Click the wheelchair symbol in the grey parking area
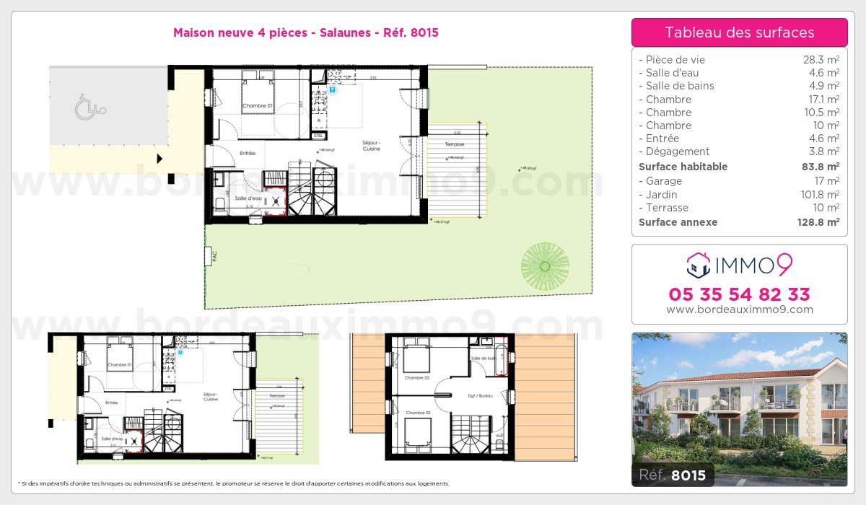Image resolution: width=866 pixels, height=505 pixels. tap(90, 108)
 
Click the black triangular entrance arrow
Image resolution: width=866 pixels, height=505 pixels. tap(160, 159)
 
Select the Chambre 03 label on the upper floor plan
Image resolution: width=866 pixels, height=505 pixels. tap(416, 378)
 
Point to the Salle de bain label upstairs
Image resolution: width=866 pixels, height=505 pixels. tap(484, 359)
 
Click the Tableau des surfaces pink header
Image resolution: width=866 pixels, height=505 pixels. tap(739, 32)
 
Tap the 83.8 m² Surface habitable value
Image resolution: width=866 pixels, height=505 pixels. tap(821, 167)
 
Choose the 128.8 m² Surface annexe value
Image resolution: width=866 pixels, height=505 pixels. tap(818, 222)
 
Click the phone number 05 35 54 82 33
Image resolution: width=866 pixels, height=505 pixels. tap(739, 294)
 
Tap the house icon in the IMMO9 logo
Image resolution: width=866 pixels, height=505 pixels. tap(699, 265)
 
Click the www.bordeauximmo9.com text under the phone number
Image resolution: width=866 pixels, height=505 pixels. tap(739, 309)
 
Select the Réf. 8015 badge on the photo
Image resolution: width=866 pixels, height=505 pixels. tap(673, 475)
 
